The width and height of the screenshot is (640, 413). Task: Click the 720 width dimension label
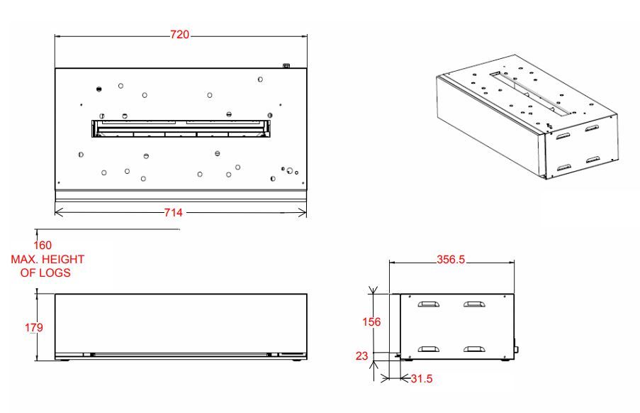pyautogui.click(x=179, y=35)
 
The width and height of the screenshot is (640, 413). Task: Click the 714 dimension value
pyautogui.click(x=174, y=212)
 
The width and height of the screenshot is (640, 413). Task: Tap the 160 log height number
pyautogui.click(x=43, y=245)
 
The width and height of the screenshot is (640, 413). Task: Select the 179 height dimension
pyautogui.click(x=34, y=328)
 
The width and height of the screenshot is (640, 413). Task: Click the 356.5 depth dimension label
pyautogui.click(x=451, y=260)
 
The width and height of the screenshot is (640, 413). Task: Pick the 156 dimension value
pyautogui.click(x=371, y=322)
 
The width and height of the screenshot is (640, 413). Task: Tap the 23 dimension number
pyautogui.click(x=361, y=356)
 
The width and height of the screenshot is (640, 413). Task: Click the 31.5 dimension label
pyautogui.click(x=422, y=379)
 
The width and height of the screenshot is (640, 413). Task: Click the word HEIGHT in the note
pyautogui.click(x=63, y=260)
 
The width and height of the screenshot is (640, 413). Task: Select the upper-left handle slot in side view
pyautogui.click(x=428, y=304)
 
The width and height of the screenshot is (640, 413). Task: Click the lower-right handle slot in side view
pyautogui.click(x=474, y=349)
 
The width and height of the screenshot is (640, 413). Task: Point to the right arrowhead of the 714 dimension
pyautogui.click(x=303, y=212)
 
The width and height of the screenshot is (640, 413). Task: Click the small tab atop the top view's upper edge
pyautogui.click(x=286, y=65)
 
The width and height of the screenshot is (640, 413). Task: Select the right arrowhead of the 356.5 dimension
pyautogui.click(x=511, y=263)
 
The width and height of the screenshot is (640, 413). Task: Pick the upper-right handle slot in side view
pyautogui.click(x=474, y=304)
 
